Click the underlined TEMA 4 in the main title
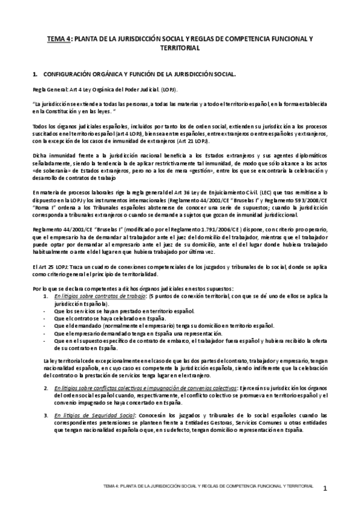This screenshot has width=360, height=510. pos(60,38)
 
